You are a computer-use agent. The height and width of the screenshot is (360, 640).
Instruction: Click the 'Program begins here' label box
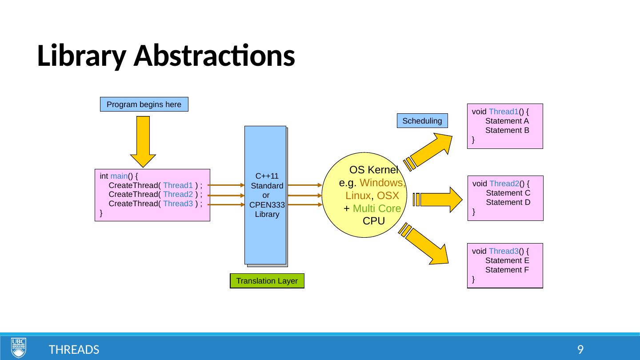click(144, 104)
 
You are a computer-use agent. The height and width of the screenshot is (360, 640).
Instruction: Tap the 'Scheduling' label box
click(422, 120)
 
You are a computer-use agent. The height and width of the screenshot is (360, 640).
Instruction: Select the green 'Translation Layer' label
click(267, 281)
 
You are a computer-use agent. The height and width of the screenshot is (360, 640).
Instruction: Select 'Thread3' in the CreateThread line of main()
click(178, 204)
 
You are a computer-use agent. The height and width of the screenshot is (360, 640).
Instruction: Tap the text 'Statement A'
click(507, 121)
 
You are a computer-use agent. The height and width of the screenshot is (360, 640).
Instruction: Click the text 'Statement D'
click(508, 202)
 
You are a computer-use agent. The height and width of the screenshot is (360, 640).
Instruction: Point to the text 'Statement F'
click(507, 270)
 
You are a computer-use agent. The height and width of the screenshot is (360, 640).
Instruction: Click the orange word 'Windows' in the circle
click(381, 183)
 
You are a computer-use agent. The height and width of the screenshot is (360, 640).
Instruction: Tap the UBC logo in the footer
click(19, 347)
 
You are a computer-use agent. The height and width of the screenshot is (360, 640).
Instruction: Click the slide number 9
click(580, 349)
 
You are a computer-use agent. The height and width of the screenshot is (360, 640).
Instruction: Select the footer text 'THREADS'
click(74, 350)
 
